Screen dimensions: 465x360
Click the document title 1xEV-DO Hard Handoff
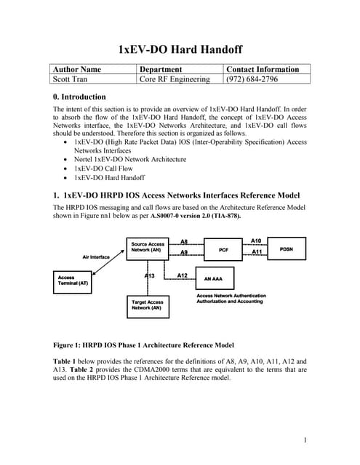click(x=180, y=50)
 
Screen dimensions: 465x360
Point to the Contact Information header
click(x=263, y=69)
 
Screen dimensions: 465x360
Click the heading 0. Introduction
click(x=76, y=97)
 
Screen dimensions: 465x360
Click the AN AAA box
click(x=218, y=280)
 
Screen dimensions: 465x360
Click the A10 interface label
click(x=256, y=240)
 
